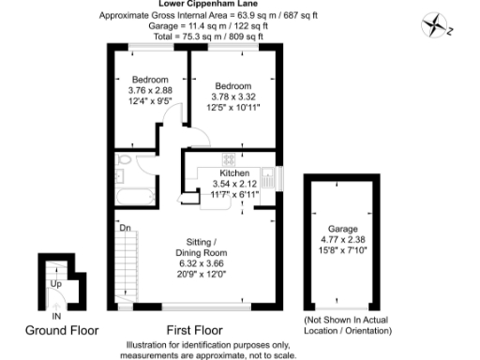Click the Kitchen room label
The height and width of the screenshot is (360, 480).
[x=233, y=173]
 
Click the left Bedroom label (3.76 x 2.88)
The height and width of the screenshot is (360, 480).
[x=150, y=79]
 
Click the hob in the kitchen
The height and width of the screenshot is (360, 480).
[x=230, y=160]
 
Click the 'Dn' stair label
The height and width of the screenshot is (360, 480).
[x=124, y=227]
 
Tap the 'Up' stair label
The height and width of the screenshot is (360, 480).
[x=55, y=282]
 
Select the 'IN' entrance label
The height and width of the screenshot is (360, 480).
[x=56, y=317]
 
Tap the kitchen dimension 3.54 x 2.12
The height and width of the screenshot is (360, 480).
[x=234, y=184]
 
